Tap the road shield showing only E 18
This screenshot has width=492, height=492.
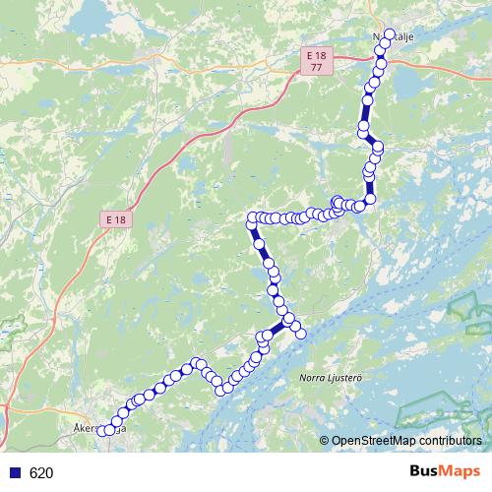pyautogui.click(x=116, y=219)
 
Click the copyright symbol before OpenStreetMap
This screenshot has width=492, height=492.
pyautogui.click(x=325, y=441)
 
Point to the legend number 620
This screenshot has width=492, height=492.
pyautogui.click(x=41, y=472)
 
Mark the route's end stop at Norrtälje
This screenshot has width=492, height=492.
pyautogui.click(x=388, y=34)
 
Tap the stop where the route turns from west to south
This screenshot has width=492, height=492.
pyautogui.click(x=252, y=217)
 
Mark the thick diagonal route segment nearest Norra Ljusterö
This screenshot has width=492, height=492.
pyautogui.click(x=277, y=330)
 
